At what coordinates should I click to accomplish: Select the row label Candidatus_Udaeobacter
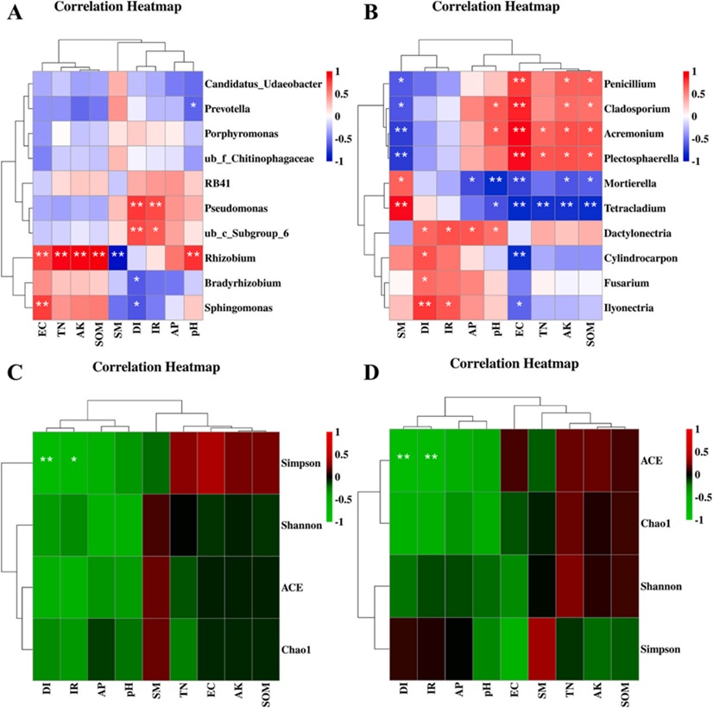pyautogui.click(x=262, y=85)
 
